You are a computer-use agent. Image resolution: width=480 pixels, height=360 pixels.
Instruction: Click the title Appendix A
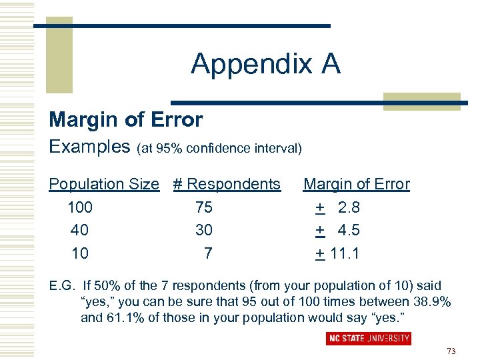point(265,64)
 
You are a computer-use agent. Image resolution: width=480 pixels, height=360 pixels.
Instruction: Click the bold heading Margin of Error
point(125,120)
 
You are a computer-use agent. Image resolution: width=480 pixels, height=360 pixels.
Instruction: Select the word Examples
point(89,147)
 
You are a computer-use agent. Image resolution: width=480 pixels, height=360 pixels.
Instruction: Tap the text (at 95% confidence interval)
point(219,149)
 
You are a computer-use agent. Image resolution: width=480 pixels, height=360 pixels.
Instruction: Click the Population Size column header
point(104,184)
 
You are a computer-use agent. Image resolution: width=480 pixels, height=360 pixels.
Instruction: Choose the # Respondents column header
point(227,184)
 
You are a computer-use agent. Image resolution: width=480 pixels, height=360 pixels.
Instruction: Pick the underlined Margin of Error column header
point(357,184)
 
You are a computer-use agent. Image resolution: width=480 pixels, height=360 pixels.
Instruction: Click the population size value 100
point(80,207)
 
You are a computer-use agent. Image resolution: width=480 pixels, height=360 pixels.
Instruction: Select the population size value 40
point(79,230)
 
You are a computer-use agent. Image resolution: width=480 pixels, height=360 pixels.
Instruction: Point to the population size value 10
point(79,253)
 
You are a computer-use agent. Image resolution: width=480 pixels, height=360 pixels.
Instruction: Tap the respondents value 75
point(204,207)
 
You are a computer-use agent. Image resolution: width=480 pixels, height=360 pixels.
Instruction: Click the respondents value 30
point(204,230)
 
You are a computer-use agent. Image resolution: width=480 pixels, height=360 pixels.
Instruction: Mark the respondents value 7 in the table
point(208,253)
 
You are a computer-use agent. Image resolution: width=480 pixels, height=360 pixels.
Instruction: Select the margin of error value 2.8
point(349,207)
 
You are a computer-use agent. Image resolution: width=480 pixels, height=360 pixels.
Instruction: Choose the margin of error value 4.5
point(349,230)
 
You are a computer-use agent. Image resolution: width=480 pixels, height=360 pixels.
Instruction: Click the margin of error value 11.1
point(345,253)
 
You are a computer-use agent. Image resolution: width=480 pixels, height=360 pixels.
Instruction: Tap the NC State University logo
point(369,338)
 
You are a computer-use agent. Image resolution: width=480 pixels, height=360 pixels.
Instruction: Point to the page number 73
point(451,351)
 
